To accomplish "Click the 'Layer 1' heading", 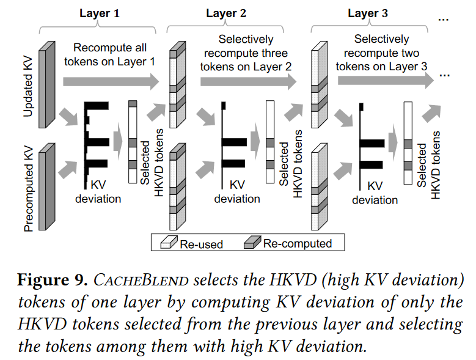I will pos(100,13).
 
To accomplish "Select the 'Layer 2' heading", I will pos(226,13).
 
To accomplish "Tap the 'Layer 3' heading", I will pos(368,13).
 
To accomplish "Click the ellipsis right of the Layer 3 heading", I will pos(444,18).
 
